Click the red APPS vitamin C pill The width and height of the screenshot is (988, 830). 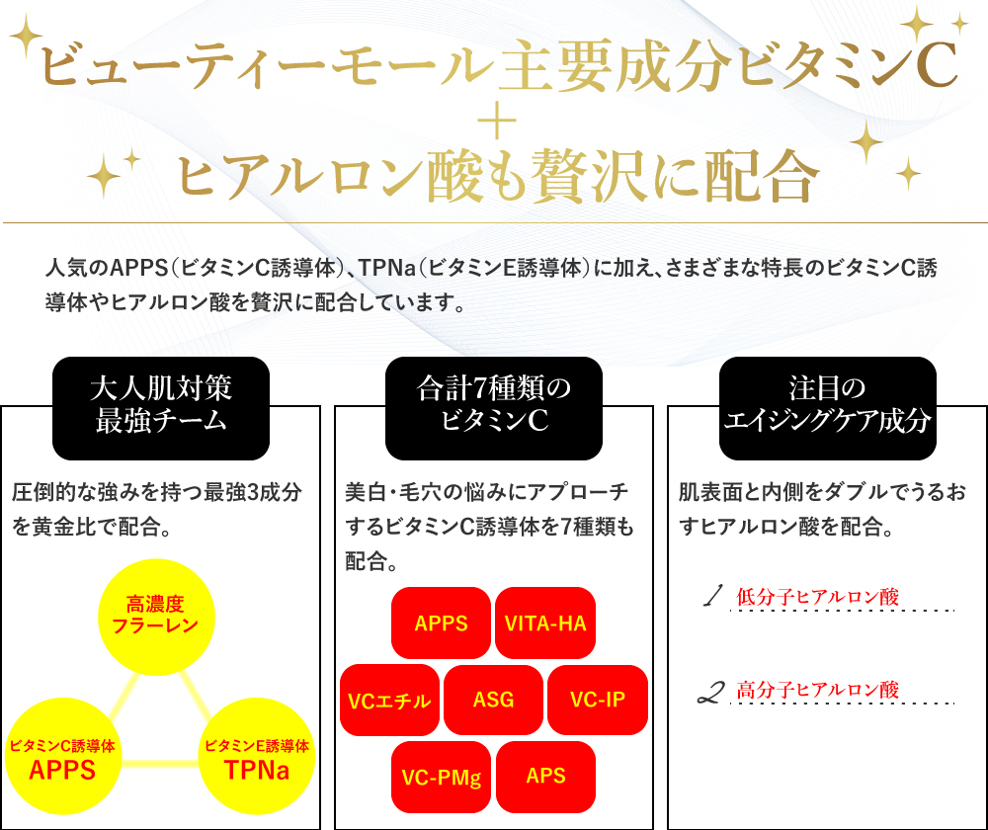coord(441,622)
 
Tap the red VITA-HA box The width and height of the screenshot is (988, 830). coord(545,622)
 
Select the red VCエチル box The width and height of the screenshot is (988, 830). coord(389,700)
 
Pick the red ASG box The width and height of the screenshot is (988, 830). coord(493,700)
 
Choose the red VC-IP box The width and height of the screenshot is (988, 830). coord(598,700)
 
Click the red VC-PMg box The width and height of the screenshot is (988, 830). coord(441,777)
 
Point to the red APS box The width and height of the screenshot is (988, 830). coord(545,777)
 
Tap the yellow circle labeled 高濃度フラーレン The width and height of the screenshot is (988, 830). coord(156,617)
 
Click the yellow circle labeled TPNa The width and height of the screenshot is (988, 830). coord(257,756)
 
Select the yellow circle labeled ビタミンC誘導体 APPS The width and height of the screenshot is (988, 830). coord(63,756)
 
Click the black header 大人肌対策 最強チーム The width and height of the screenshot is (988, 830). coord(161,408)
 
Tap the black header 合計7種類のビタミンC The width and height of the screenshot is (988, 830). coord(494,408)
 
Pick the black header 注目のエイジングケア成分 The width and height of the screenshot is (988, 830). coord(827,408)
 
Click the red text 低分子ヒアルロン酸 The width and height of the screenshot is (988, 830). coord(817,596)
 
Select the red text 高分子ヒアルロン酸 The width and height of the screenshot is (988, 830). coord(817,690)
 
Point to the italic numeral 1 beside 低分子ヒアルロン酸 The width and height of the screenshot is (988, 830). coord(712,595)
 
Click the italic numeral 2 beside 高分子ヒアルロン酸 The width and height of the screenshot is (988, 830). coord(711,692)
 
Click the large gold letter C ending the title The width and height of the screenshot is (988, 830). coord(937,64)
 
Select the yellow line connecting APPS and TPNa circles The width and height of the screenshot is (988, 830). coord(160,764)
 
